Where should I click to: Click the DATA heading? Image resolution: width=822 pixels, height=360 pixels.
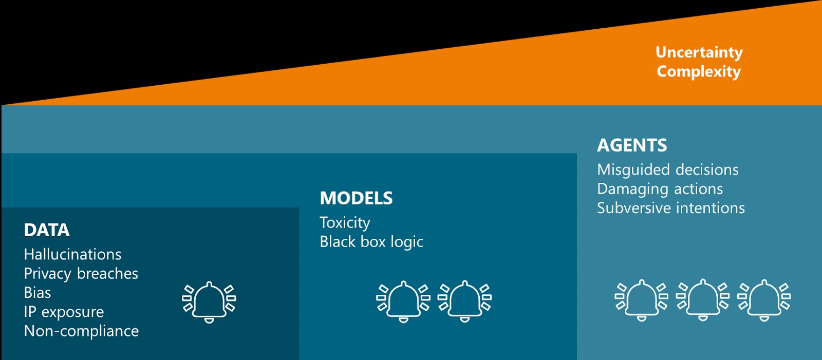coord(47,230)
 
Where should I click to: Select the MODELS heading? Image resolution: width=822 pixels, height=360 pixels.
coord(356,198)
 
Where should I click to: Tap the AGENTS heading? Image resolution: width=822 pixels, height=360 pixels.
coord(632,145)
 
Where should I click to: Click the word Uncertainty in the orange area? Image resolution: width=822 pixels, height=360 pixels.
coord(699,53)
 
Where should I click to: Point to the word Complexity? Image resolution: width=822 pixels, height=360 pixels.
coord(699,71)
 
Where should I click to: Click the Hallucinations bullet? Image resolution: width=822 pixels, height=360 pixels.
coord(72,254)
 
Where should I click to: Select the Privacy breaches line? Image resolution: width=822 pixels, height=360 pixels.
coord(81,274)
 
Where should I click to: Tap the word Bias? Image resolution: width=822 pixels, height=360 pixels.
coord(38,293)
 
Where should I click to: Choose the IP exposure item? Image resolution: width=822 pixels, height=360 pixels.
coord(64,312)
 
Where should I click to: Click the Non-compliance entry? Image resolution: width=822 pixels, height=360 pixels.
coord(82,331)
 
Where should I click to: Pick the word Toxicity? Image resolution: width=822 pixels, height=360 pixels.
coord(345,223)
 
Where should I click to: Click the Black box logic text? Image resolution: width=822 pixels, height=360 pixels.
coord(371,242)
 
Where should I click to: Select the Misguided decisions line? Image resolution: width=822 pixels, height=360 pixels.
coord(668,170)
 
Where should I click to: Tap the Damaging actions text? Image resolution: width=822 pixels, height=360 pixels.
coord(660,189)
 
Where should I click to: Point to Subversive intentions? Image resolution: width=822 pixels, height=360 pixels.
coord(671,208)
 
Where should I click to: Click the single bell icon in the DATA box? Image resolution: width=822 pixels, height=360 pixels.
coord(209,301)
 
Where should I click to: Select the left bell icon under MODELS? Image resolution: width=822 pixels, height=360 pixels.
coord(403,301)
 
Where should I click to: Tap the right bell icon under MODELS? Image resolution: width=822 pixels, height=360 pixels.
coord(464,301)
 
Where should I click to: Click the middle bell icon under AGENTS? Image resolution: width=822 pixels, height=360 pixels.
coord(703,300)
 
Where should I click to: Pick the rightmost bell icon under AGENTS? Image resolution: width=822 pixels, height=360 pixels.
coord(764,300)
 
